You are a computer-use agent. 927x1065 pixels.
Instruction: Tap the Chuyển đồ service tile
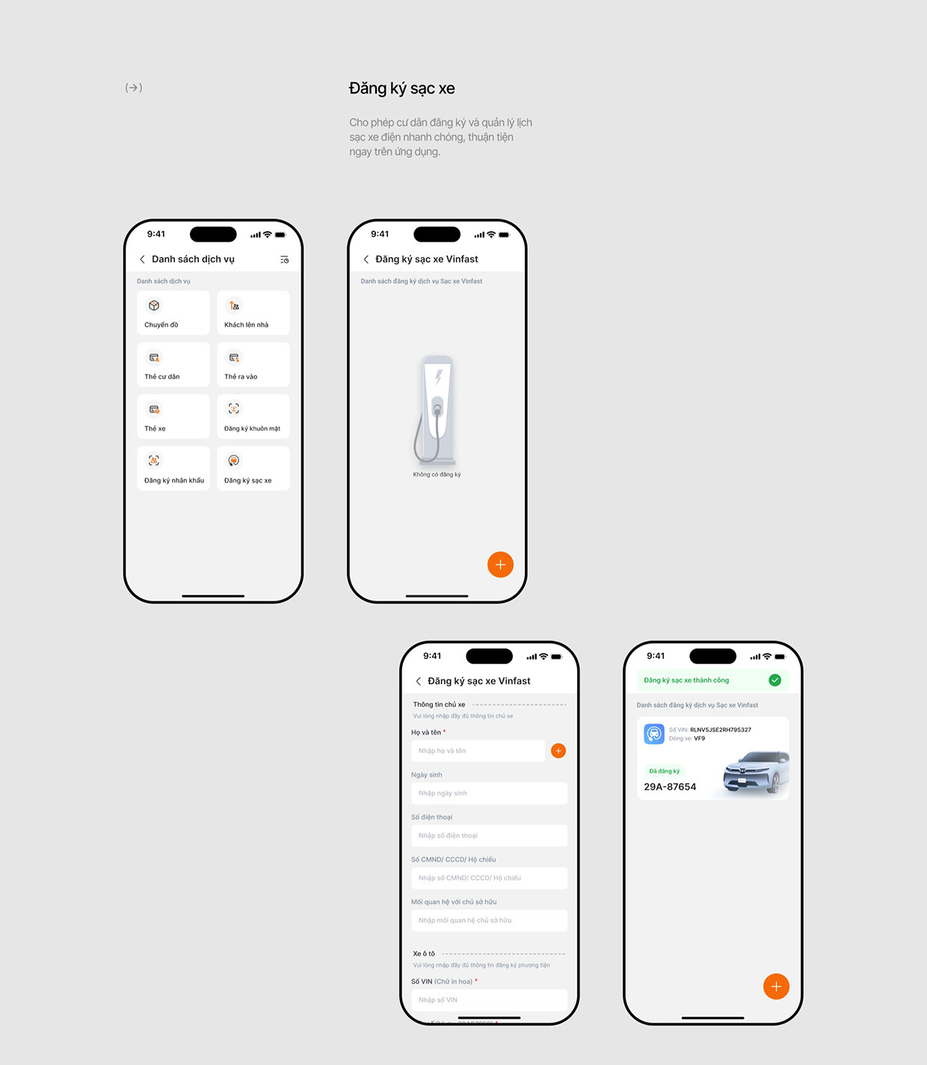173,313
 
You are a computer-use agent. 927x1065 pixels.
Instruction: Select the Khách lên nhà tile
253,313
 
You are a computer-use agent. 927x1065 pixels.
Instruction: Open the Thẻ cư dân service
173,365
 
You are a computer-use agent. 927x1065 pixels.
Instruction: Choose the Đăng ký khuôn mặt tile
253,417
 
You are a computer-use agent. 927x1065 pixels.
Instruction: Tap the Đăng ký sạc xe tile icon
234,461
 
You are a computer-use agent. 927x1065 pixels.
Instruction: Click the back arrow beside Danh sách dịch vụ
142,260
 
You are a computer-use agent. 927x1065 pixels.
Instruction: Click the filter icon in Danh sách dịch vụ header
284,260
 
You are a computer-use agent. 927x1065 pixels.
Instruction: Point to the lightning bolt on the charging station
439,377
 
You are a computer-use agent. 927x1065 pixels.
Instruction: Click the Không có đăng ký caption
437,474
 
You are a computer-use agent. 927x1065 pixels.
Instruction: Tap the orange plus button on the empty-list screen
500,565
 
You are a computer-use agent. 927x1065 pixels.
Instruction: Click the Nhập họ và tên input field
478,751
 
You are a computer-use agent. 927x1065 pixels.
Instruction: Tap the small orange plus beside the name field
558,751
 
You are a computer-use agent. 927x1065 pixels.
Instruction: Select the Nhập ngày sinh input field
489,794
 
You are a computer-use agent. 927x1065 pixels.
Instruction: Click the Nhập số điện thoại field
489,835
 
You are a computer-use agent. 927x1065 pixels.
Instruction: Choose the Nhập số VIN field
489,1000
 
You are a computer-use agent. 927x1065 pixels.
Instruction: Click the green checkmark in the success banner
774,680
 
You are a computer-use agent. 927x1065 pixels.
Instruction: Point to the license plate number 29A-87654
670,787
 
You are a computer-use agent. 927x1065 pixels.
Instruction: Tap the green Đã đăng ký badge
664,771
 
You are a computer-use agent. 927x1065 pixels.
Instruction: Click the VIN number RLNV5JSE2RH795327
720,730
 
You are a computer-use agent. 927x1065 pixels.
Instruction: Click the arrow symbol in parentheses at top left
134,88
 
